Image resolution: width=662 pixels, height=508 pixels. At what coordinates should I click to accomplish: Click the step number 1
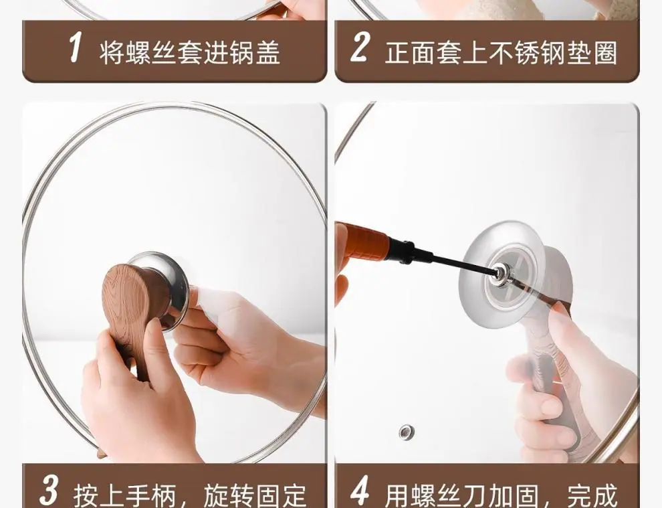click(75, 48)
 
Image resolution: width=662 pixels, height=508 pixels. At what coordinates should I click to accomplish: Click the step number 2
click(360, 48)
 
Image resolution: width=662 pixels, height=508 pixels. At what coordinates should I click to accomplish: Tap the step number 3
click(49, 491)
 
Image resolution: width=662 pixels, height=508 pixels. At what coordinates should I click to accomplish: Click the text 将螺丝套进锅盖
click(189, 53)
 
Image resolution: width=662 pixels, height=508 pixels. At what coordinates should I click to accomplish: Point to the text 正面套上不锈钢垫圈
click(501, 53)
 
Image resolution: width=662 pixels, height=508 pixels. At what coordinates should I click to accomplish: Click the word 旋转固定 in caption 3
click(255, 495)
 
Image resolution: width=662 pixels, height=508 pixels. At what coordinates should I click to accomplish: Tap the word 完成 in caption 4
click(592, 495)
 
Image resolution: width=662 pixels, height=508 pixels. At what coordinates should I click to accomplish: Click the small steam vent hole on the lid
click(407, 432)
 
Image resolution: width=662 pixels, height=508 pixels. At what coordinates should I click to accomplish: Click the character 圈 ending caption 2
click(605, 53)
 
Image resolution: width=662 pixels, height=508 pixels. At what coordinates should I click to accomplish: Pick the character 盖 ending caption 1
click(268, 53)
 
